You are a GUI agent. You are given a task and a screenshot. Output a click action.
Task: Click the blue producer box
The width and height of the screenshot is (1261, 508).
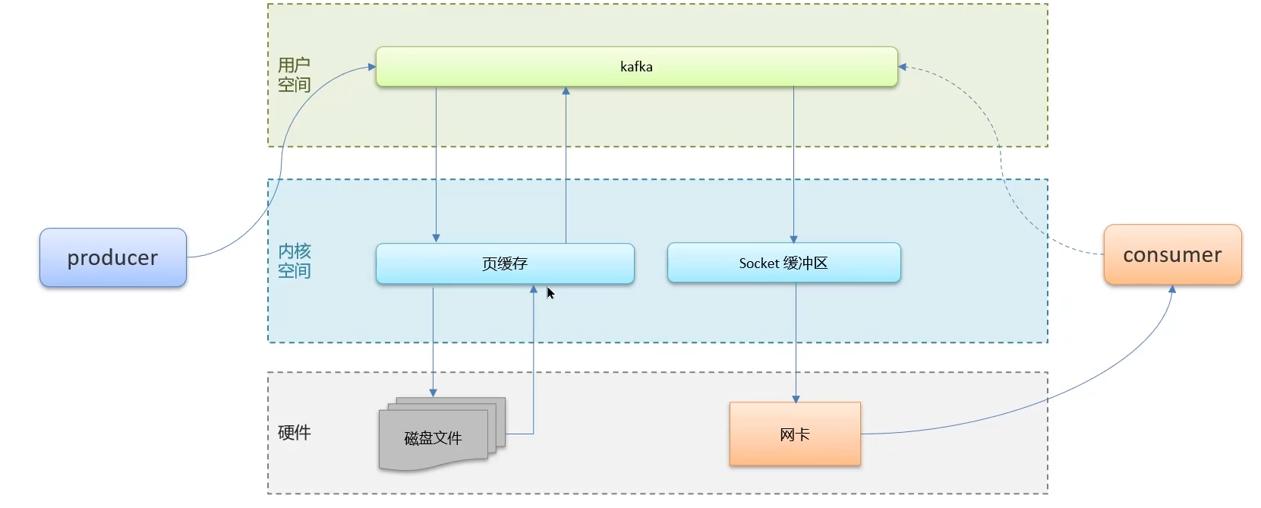113,257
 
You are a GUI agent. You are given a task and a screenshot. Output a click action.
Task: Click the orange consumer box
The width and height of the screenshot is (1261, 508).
1172,255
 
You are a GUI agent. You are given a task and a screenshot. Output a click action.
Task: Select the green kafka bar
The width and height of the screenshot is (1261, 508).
636,67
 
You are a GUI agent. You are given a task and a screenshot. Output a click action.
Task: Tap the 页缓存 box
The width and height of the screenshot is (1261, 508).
505,263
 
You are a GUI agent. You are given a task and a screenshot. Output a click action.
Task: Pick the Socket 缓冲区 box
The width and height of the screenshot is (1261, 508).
783,263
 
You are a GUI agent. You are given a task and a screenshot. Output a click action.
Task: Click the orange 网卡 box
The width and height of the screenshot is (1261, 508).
795,434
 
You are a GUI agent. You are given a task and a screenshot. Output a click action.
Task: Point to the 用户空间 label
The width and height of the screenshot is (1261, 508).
294,74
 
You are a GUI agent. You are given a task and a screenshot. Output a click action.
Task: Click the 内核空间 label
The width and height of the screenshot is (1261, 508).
294,260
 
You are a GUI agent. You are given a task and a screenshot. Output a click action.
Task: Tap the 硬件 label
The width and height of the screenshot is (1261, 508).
294,432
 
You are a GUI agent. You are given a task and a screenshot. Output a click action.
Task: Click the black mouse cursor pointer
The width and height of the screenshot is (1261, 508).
550,293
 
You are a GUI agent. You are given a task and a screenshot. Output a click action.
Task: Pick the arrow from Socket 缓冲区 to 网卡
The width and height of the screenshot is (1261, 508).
796,342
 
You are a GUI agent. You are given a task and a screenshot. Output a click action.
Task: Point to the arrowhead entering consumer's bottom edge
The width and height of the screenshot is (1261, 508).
1172,289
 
